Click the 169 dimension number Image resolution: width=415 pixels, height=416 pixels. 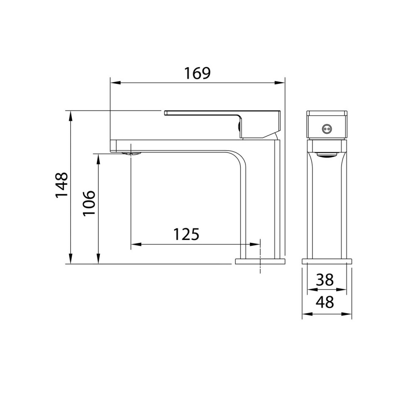(x=198, y=73)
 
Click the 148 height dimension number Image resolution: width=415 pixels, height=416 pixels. (x=62, y=186)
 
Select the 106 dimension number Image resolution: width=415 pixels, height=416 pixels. (x=89, y=203)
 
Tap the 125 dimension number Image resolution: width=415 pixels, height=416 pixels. (x=186, y=235)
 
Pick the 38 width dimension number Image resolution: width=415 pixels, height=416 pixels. (x=325, y=280)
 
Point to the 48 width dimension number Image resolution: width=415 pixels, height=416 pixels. (x=325, y=303)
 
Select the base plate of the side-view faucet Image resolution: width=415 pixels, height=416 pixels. (x=260, y=261)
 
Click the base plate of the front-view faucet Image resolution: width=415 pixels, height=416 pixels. (x=327, y=261)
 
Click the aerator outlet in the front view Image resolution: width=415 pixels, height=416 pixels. (x=327, y=155)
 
